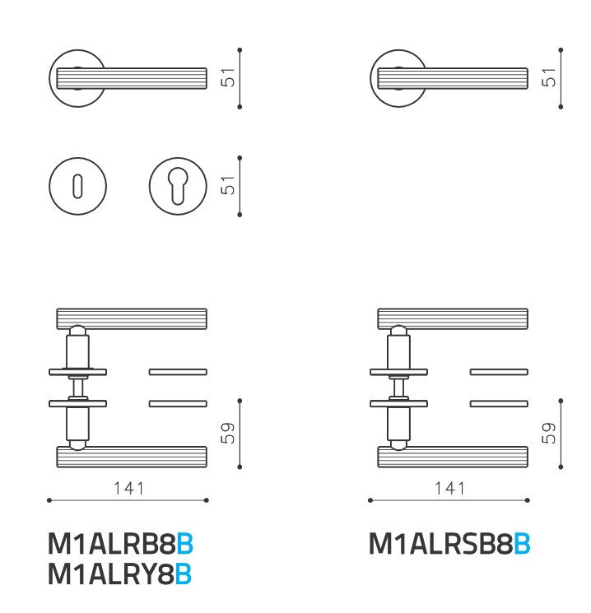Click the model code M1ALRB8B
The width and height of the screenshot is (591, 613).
tap(120, 543)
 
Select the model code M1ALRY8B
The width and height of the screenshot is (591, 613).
tap(119, 574)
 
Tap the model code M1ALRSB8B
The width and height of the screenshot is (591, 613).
tap(449, 543)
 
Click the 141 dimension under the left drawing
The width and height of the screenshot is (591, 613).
tap(128, 488)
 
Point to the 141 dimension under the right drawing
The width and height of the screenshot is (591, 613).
tap(449, 488)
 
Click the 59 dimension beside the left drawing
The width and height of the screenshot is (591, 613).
tap(228, 433)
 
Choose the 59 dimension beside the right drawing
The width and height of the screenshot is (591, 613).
tap(548, 433)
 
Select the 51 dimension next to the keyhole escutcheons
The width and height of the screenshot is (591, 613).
tap(228, 185)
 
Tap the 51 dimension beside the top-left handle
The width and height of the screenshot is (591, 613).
tap(228, 77)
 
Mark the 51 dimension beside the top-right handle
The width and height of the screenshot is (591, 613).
tap(548, 77)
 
